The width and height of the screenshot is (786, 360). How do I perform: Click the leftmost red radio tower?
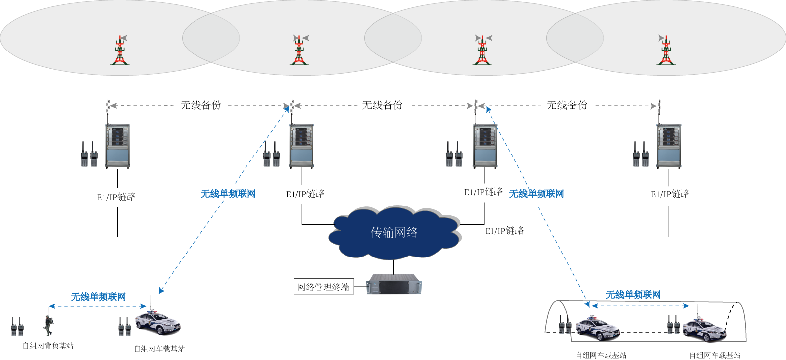click(119, 51)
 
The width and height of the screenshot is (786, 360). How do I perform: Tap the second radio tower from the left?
click(299, 51)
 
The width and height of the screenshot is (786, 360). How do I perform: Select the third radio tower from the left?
click(482, 51)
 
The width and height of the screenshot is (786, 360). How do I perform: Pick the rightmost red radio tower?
click(666, 51)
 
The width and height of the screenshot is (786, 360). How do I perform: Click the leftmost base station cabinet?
click(118, 146)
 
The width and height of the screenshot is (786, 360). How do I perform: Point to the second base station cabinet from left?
click(301, 146)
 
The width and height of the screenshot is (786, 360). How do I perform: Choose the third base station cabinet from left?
click(485, 146)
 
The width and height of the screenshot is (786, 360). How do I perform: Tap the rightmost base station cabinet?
click(668, 146)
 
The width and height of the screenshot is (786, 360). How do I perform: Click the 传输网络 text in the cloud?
click(394, 232)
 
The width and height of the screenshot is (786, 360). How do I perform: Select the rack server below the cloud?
click(394, 284)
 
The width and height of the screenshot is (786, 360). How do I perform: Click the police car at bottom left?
click(157, 323)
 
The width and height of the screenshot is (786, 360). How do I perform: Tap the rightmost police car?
click(704, 330)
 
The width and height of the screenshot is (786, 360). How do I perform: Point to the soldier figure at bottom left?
click(48, 325)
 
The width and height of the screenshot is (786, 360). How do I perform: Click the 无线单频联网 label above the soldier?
click(98, 297)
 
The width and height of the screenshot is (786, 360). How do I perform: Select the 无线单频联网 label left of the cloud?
click(228, 194)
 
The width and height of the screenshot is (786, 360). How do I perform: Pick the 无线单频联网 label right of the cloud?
click(537, 194)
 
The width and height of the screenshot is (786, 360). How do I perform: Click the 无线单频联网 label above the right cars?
click(633, 295)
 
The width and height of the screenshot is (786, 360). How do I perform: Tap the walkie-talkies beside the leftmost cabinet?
click(89, 154)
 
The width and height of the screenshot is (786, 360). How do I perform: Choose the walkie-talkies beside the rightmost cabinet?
click(640, 154)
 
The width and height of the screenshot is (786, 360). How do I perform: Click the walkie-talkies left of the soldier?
click(17, 327)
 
